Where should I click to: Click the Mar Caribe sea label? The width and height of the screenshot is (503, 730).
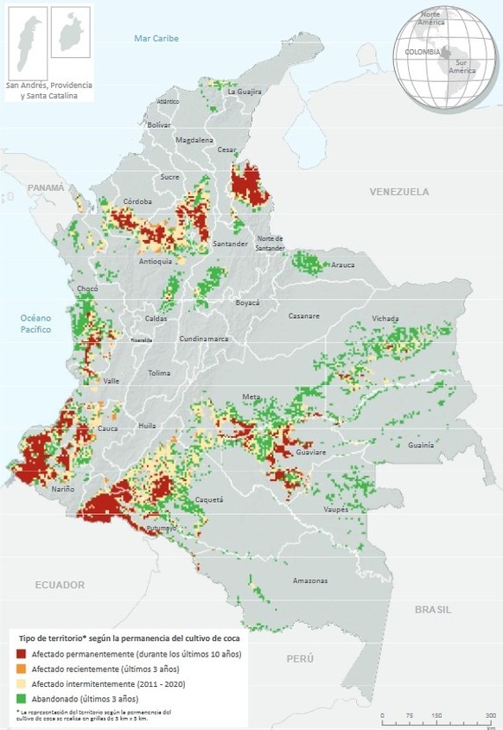[156, 39]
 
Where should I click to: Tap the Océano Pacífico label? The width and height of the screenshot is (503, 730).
[37, 324]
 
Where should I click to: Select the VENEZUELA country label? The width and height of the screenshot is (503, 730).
[398, 191]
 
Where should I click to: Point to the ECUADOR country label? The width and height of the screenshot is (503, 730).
[60, 585]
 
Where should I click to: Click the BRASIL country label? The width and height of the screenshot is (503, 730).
[432, 609]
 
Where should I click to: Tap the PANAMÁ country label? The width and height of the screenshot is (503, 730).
[45, 187]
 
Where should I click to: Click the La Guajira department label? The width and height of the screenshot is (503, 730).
[245, 91]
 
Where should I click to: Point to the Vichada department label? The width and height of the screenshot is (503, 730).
[385, 318]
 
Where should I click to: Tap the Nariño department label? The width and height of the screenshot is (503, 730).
[62, 489]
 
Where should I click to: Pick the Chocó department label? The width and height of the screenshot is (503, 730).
[87, 289]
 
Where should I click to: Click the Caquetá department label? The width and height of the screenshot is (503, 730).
[209, 499]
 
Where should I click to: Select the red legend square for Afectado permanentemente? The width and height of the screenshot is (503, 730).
[22, 654]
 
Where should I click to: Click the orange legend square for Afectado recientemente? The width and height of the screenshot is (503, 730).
[22, 669]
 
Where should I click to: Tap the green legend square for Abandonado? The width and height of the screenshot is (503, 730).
[22, 698]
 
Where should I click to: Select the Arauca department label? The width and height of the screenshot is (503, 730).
[343, 265]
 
